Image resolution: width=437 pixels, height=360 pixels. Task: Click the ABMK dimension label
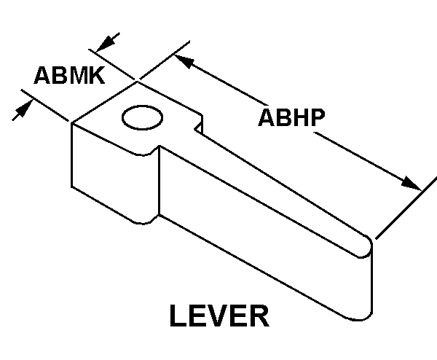point(69,75)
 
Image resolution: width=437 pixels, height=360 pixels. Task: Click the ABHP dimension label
point(291,118)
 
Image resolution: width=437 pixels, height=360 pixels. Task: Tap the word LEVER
point(219,318)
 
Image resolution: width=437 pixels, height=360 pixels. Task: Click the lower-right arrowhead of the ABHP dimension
point(414,184)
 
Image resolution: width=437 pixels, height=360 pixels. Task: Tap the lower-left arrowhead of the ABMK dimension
point(24,107)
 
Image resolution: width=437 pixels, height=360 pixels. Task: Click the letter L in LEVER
point(178,318)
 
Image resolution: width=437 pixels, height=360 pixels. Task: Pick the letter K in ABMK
point(95,75)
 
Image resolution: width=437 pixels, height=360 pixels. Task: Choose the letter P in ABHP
point(315,118)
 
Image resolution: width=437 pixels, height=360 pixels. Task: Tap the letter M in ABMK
point(76,75)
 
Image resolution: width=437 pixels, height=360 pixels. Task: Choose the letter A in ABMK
point(42,75)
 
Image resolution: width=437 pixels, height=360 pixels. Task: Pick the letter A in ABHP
point(266,118)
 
